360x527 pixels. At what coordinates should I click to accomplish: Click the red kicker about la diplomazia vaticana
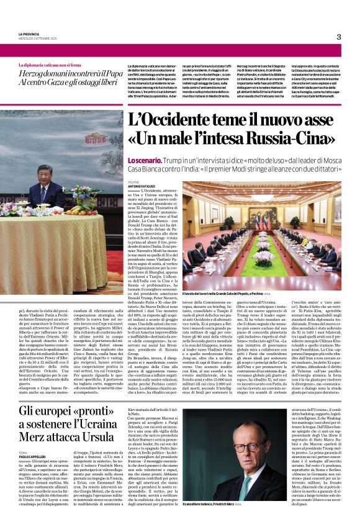tap(50, 65)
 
